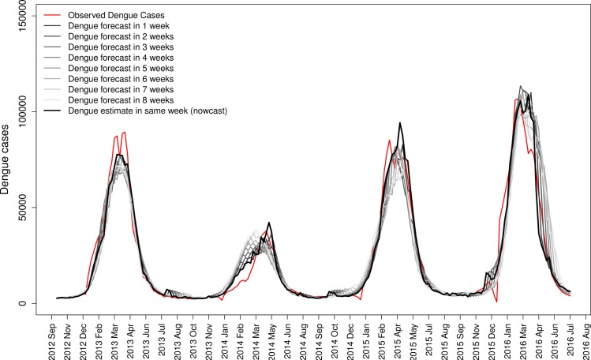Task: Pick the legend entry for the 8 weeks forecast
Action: coord(122,100)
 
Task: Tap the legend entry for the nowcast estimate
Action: coord(148,111)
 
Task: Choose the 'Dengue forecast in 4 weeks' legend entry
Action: coord(122,58)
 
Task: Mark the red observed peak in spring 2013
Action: coord(125,133)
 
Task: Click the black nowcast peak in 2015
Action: coord(401,123)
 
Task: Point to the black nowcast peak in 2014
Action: coord(270,223)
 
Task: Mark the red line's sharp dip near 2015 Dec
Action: coord(496,301)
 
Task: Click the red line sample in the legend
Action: coord(53,14)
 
